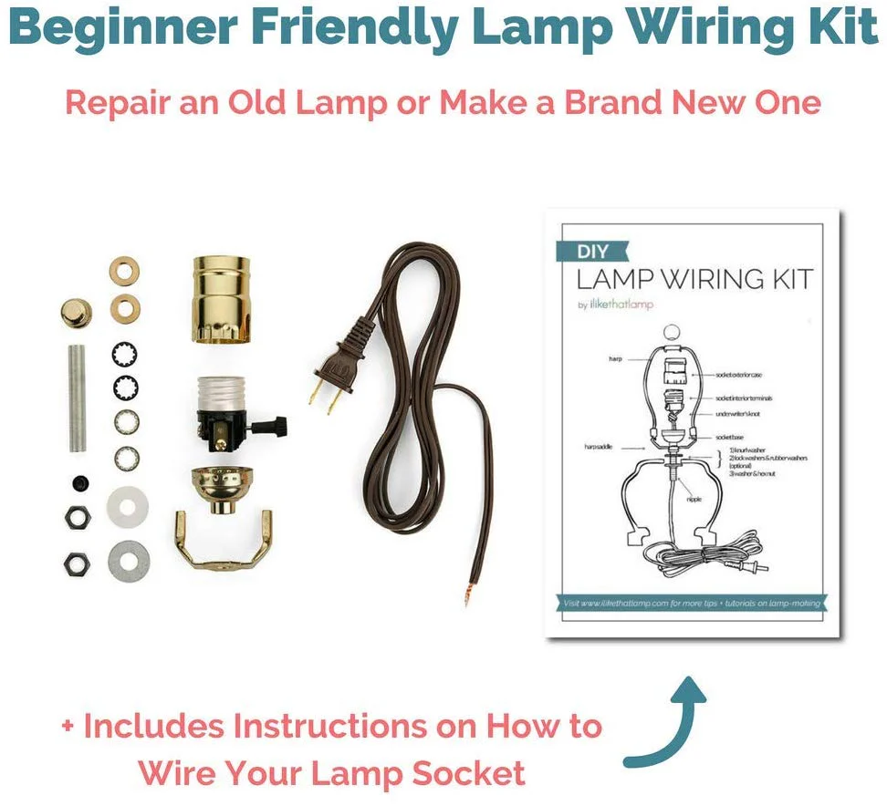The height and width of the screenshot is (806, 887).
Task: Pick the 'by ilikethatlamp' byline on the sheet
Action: point(616,305)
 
